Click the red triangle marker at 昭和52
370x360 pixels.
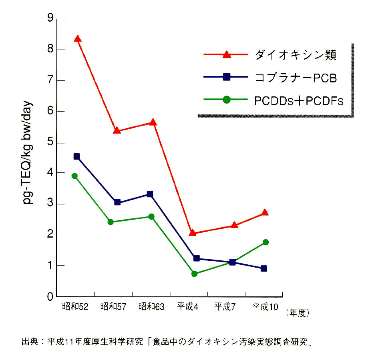(x=78, y=39)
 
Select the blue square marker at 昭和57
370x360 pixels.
(x=117, y=202)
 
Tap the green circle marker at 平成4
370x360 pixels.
(x=194, y=274)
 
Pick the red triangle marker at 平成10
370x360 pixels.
(x=265, y=212)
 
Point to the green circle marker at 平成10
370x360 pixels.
(x=265, y=242)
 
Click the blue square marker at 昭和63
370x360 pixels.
(x=150, y=194)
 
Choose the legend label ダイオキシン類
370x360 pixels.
(x=296, y=55)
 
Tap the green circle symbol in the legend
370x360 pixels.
(x=226, y=100)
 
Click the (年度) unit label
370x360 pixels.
(x=298, y=312)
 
